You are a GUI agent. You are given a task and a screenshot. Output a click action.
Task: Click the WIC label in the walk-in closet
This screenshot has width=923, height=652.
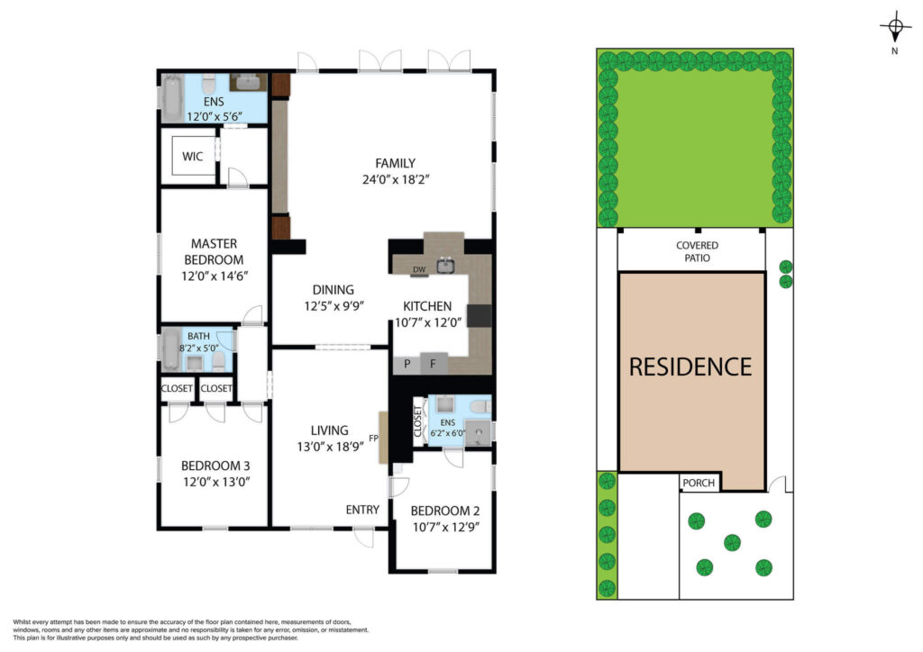(x=193, y=157)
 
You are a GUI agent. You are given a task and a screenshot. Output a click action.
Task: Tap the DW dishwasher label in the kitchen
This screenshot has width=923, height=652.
(x=419, y=270)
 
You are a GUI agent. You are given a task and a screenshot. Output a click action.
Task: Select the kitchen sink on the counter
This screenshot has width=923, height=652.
(x=445, y=266)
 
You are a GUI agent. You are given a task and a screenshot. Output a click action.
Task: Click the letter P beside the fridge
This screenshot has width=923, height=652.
(x=407, y=364)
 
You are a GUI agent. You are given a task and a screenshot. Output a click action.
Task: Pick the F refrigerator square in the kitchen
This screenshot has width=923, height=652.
(x=434, y=364)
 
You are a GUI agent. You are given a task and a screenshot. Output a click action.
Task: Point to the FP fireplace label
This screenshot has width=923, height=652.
(x=373, y=438)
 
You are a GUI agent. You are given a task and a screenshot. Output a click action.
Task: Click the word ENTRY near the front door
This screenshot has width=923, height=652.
(x=362, y=510)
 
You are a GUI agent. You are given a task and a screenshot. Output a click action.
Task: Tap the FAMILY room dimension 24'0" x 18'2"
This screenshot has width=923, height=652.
(x=396, y=179)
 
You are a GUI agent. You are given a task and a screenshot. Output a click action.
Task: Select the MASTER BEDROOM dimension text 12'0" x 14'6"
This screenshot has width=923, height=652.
(x=215, y=276)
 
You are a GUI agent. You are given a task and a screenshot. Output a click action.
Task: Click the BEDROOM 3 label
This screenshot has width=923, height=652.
(x=215, y=466)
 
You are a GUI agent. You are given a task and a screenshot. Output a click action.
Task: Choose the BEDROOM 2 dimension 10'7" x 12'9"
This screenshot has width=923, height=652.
(x=445, y=527)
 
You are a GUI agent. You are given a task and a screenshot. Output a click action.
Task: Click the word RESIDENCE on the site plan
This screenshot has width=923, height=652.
(x=690, y=367)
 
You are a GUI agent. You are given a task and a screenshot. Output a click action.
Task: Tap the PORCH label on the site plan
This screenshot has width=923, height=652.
(x=699, y=483)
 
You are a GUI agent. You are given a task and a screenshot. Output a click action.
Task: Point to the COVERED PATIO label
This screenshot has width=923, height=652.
(x=697, y=251)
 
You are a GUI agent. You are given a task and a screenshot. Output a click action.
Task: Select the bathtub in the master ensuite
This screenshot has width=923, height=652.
(x=172, y=97)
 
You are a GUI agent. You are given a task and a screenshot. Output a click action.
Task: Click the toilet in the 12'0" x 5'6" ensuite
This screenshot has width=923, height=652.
(x=209, y=85)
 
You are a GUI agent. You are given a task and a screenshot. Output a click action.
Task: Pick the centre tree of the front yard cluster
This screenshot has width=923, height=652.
(x=732, y=542)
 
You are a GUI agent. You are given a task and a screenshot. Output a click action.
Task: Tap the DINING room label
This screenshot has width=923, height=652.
(x=334, y=290)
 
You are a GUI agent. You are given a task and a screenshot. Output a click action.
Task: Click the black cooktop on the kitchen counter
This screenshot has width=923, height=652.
(x=480, y=316)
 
